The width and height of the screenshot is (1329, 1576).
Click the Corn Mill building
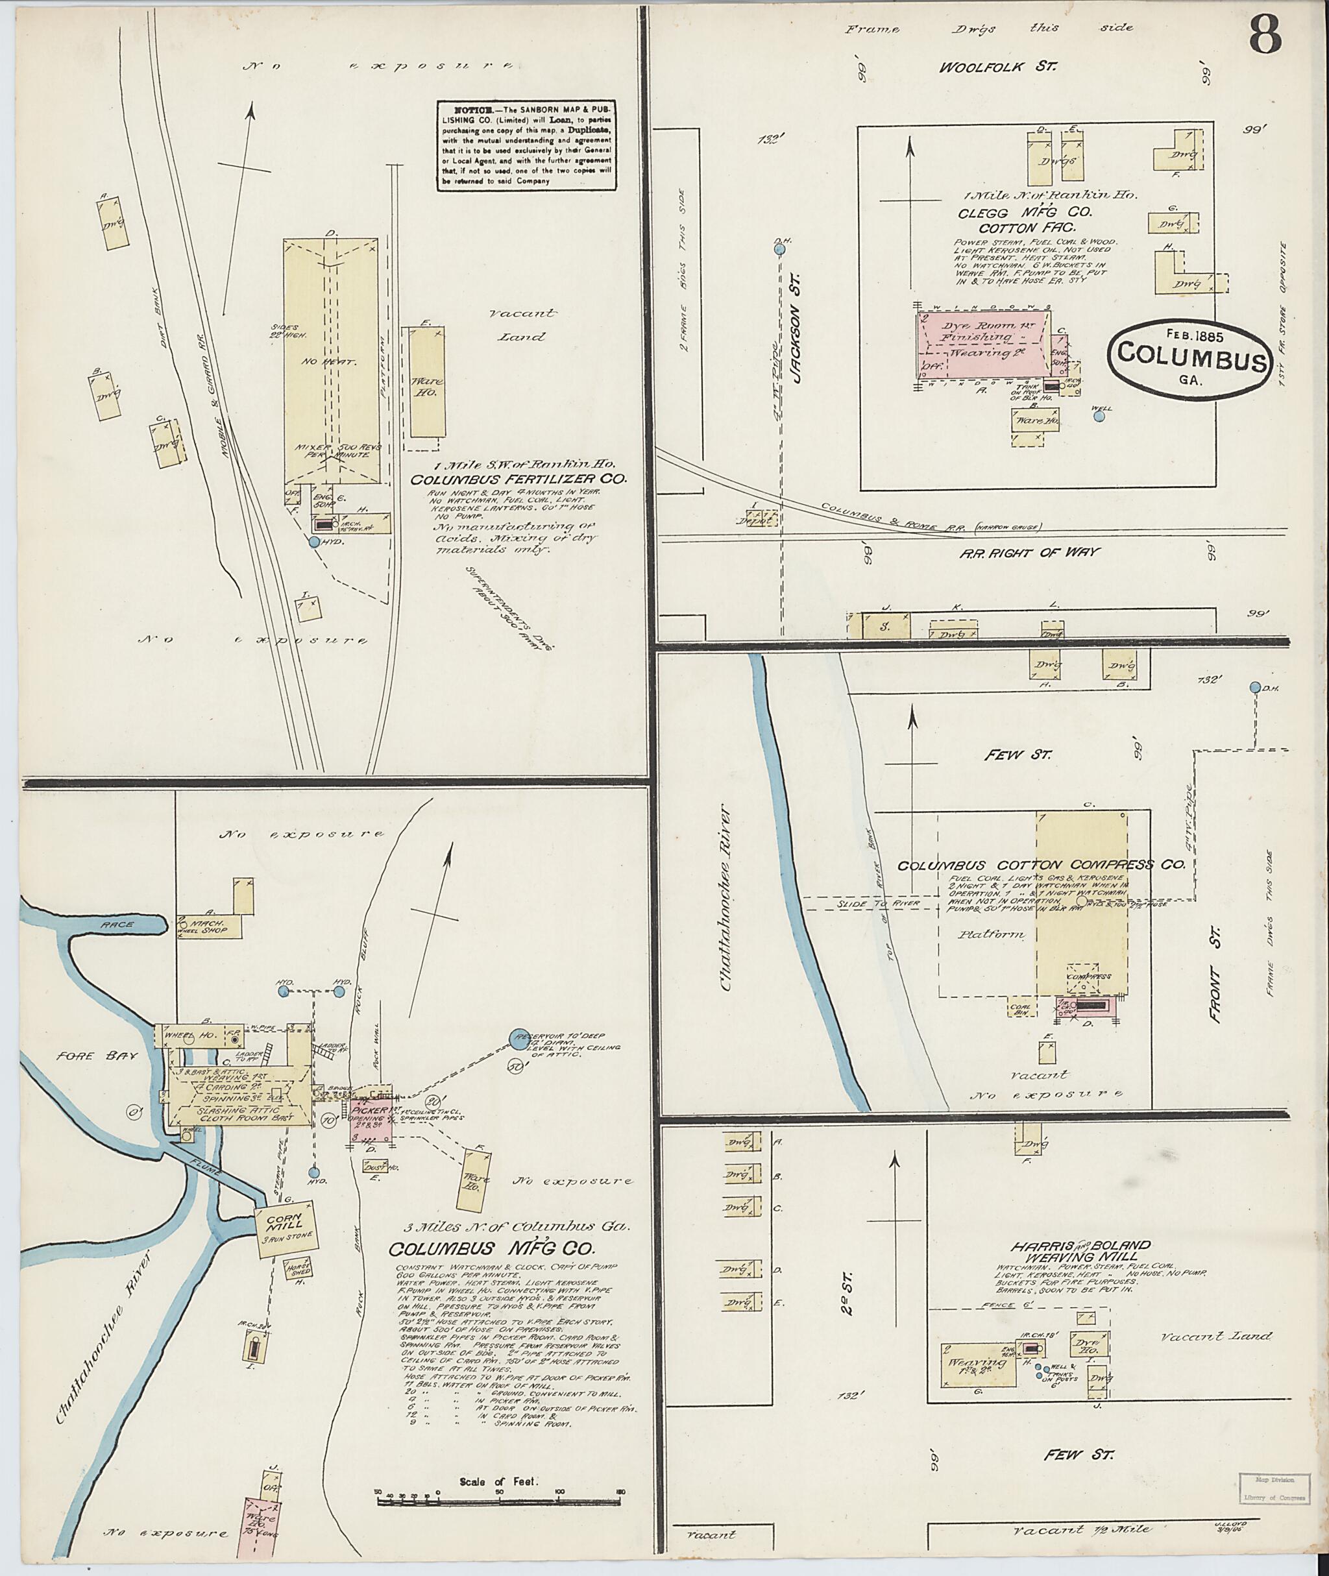click(x=286, y=1233)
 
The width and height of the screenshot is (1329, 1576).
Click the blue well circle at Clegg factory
click(x=1099, y=415)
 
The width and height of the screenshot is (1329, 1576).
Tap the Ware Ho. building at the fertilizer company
click(x=427, y=383)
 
